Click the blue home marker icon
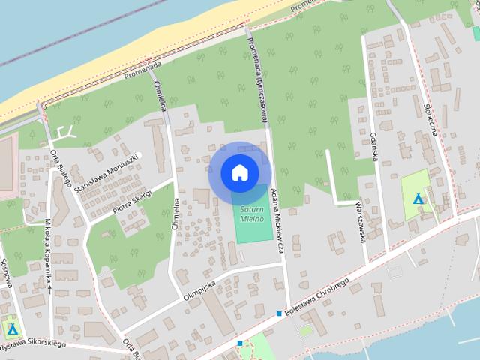(x=239, y=172)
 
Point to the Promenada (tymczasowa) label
(x=257, y=74)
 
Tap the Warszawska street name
(x=361, y=221)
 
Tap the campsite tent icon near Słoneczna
(x=419, y=199)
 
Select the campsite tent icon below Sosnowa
(x=12, y=329)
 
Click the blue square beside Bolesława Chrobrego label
(x=279, y=313)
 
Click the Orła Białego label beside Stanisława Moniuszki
(x=59, y=160)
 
